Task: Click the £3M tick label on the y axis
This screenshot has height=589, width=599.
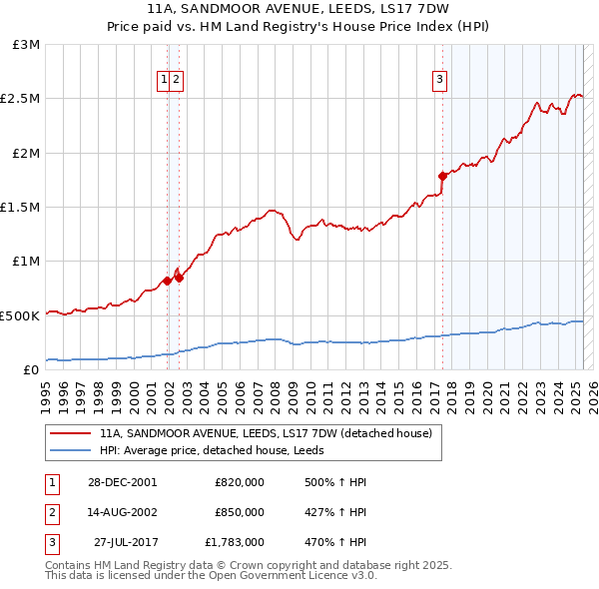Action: point(27,45)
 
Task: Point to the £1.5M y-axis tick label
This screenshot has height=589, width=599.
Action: point(23,207)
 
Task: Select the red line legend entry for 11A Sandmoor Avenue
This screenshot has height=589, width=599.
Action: point(266,434)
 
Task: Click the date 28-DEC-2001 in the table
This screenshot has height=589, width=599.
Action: point(122,482)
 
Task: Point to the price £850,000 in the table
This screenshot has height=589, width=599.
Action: point(240,512)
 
